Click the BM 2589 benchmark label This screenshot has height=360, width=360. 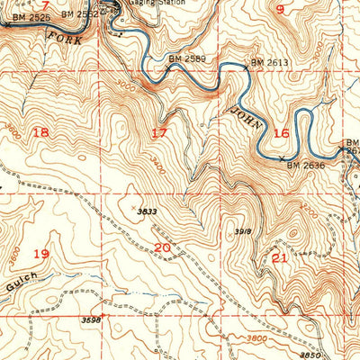(186, 59)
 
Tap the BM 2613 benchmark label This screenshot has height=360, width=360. (269, 62)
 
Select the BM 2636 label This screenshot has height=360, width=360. (305, 165)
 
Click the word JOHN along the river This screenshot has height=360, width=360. (245, 116)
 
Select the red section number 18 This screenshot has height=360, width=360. (40, 132)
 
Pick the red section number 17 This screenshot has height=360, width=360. (159, 134)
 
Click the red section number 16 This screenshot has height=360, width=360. (282, 132)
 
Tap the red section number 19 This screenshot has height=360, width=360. (40, 254)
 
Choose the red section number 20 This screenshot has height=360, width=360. (162, 247)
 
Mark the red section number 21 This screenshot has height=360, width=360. (279, 258)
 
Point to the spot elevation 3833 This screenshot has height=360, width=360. (148, 211)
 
